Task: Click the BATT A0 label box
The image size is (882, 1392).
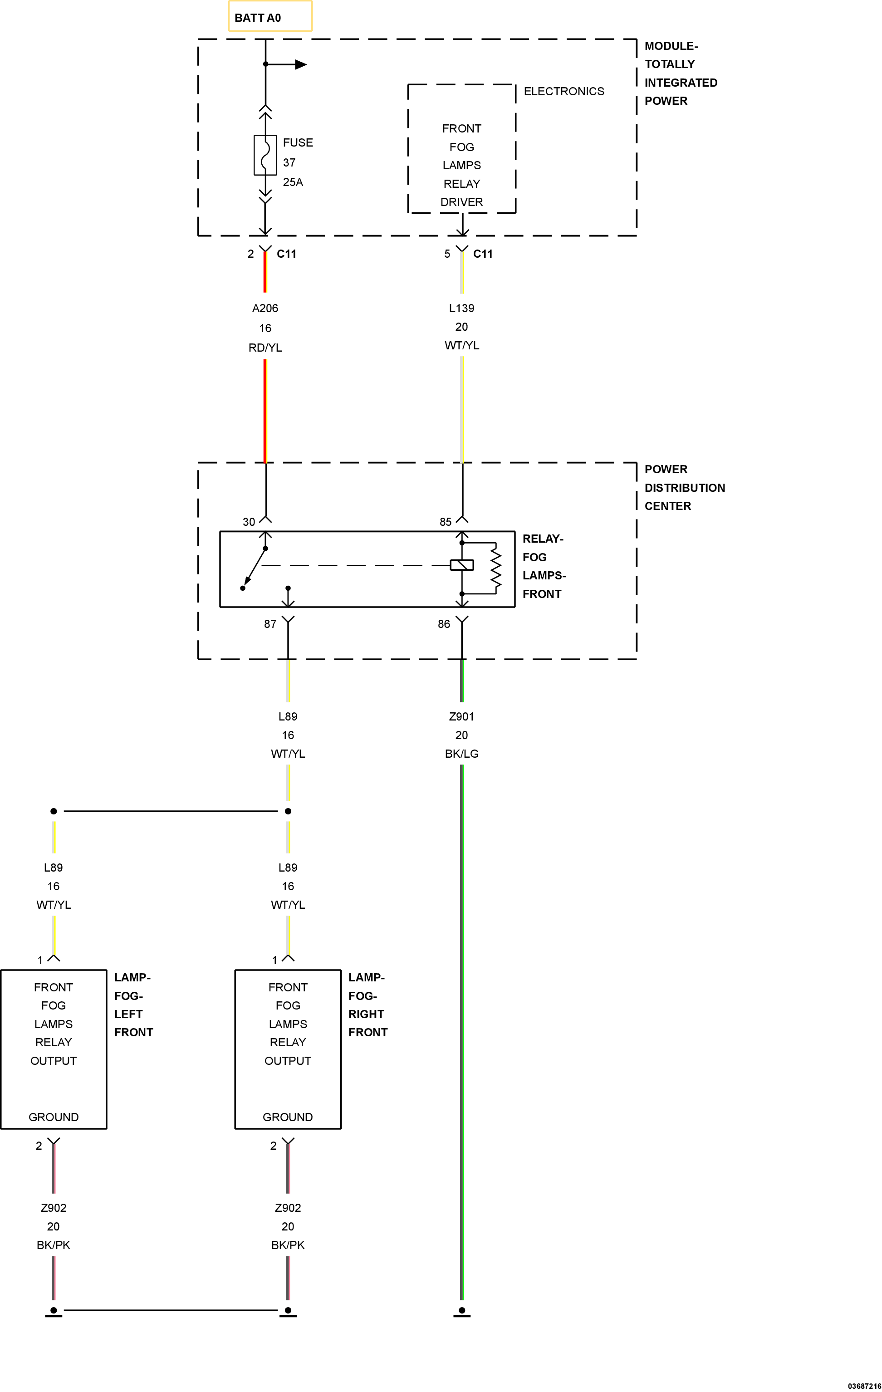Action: coord(270,16)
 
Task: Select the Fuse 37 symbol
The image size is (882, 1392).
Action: coord(265,155)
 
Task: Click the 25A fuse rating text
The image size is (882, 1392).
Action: coord(293,182)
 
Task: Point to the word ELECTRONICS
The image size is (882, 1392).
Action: coord(563,91)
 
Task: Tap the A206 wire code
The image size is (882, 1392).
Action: coord(265,309)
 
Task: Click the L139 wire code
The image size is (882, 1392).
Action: coord(462,309)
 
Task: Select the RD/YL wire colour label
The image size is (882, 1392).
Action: coord(265,348)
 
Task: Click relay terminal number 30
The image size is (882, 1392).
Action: coord(249,522)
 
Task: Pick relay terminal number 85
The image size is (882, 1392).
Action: coord(446,522)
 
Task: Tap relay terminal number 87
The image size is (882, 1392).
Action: coord(270,624)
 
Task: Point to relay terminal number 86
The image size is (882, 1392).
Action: coord(444,624)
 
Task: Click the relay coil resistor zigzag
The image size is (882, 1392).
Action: coord(496,568)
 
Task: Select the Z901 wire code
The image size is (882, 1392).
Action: coord(462,717)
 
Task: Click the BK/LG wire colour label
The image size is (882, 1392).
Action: coord(462,754)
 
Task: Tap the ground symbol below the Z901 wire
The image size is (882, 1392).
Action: coord(462,1312)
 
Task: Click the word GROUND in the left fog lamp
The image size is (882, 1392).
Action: coord(54,1117)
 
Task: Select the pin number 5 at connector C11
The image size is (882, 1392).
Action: coord(447,254)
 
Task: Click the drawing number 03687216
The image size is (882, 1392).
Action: coord(865,1386)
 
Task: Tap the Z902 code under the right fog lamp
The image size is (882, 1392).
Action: coord(288,1208)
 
